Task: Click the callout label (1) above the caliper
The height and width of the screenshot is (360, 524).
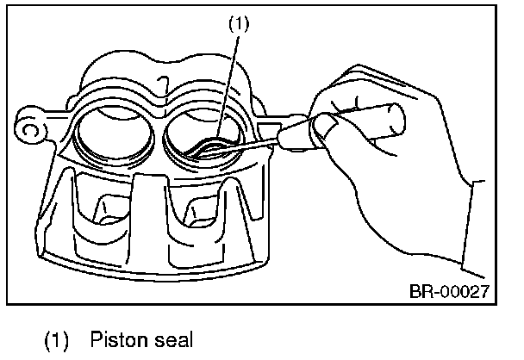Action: tap(240, 24)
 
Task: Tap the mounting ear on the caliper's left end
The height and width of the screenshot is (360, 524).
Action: tap(28, 129)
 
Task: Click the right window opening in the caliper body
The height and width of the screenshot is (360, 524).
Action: tap(195, 211)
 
